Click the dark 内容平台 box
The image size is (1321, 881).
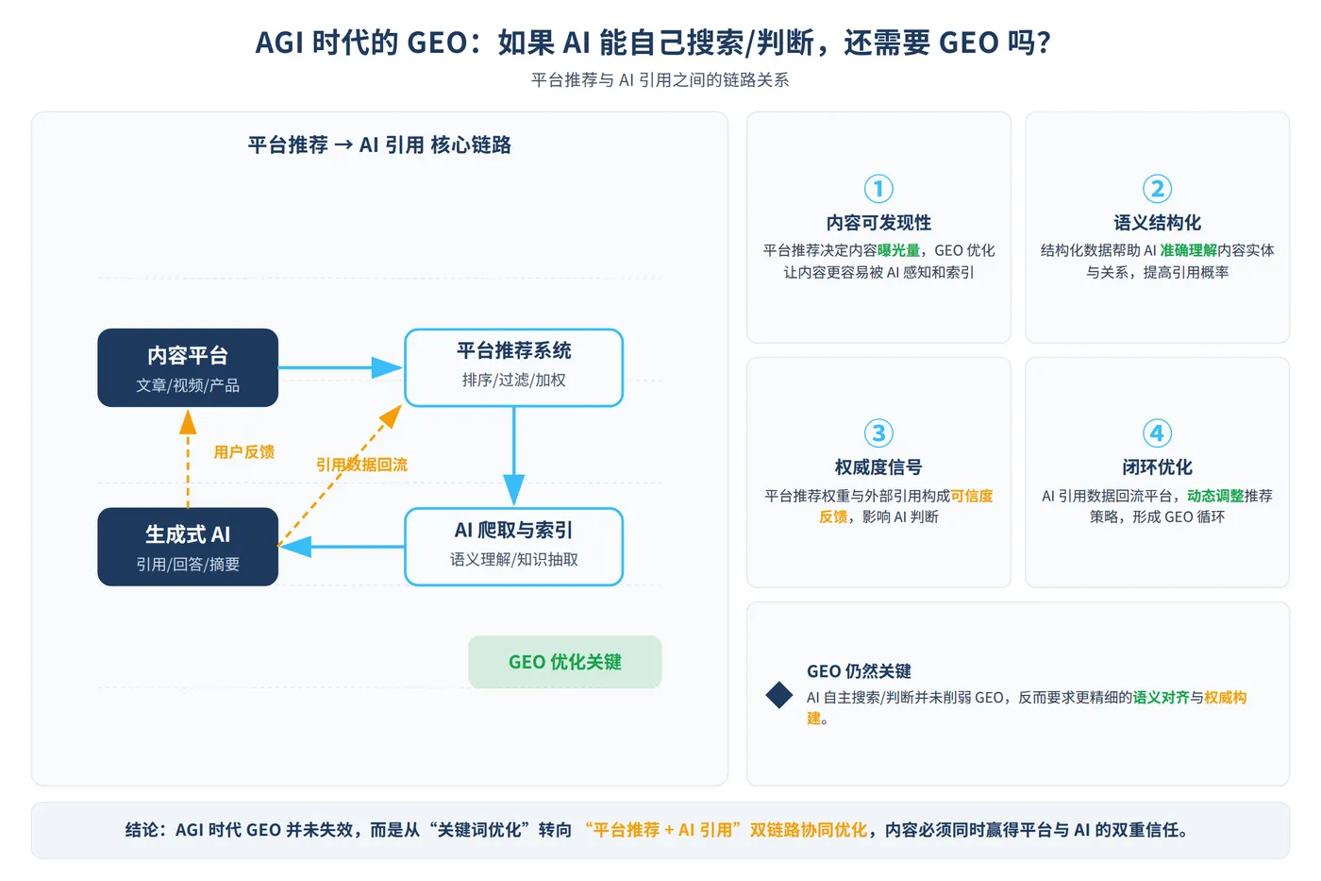188,367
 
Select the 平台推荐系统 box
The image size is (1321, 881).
513,367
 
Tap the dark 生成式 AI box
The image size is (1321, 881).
188,547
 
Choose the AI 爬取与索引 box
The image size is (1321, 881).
513,547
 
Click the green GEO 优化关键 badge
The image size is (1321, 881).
565,662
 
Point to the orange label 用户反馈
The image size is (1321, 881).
243,452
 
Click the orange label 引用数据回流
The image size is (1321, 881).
361,465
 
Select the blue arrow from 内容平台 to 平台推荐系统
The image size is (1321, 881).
341,367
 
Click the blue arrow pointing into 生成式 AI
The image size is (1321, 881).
342,547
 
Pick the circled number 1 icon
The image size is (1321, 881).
878,189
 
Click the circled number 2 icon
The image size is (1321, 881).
1157,189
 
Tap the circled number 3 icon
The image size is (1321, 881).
878,433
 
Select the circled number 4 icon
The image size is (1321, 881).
1157,433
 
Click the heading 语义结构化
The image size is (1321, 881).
1157,223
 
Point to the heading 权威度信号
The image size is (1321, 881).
878,466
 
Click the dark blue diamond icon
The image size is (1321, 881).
779,695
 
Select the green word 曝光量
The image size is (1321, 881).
898,250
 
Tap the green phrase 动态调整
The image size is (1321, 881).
1215,496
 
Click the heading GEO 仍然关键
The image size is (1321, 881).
859,671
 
